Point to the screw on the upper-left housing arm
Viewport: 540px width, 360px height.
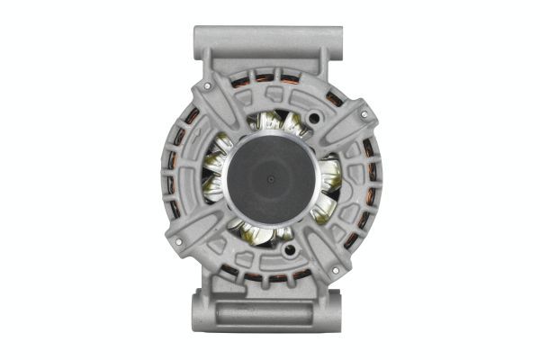coord(209,86)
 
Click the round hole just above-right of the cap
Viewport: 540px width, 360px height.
coord(314,118)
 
